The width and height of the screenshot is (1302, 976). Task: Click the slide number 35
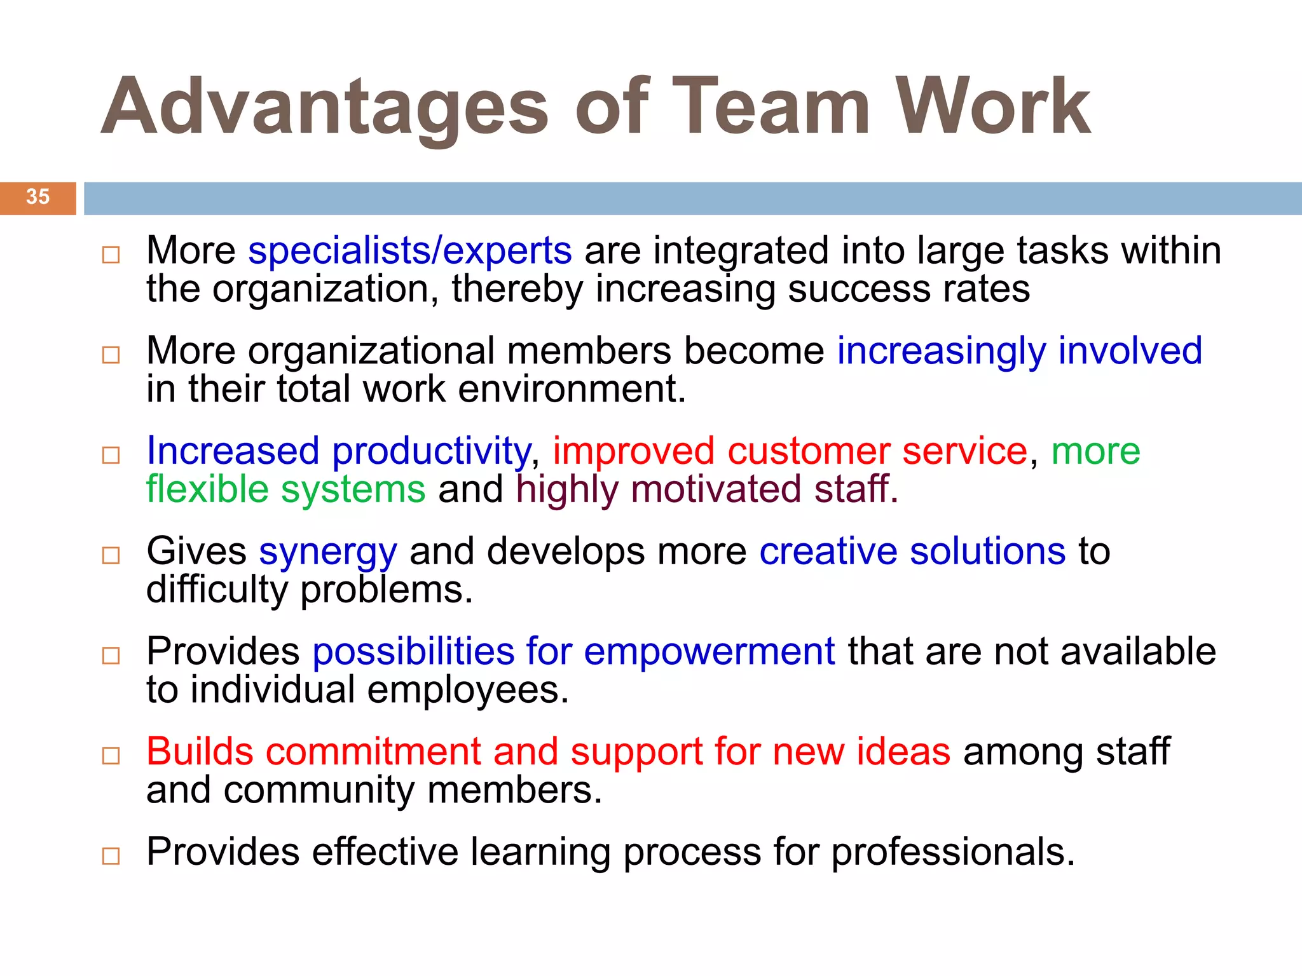pos(38,197)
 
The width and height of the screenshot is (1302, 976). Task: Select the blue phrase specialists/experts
pos(410,251)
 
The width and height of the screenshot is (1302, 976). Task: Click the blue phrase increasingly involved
pos(1019,351)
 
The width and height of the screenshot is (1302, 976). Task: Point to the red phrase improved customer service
pos(790,451)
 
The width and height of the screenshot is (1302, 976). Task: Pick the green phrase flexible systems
pos(285,490)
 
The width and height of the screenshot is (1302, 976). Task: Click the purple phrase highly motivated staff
pos(707,490)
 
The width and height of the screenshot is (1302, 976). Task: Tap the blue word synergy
pos(328,552)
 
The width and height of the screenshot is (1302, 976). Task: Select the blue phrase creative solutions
pos(912,551)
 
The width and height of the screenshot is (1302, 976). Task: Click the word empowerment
pos(709,652)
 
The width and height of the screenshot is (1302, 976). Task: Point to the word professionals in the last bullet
pos(953,852)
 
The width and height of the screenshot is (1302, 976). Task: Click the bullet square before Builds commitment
pos(111,756)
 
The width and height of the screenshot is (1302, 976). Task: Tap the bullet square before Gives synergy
pos(111,555)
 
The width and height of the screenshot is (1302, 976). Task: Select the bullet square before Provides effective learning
pos(111,856)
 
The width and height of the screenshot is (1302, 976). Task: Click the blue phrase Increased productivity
pos(338,451)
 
